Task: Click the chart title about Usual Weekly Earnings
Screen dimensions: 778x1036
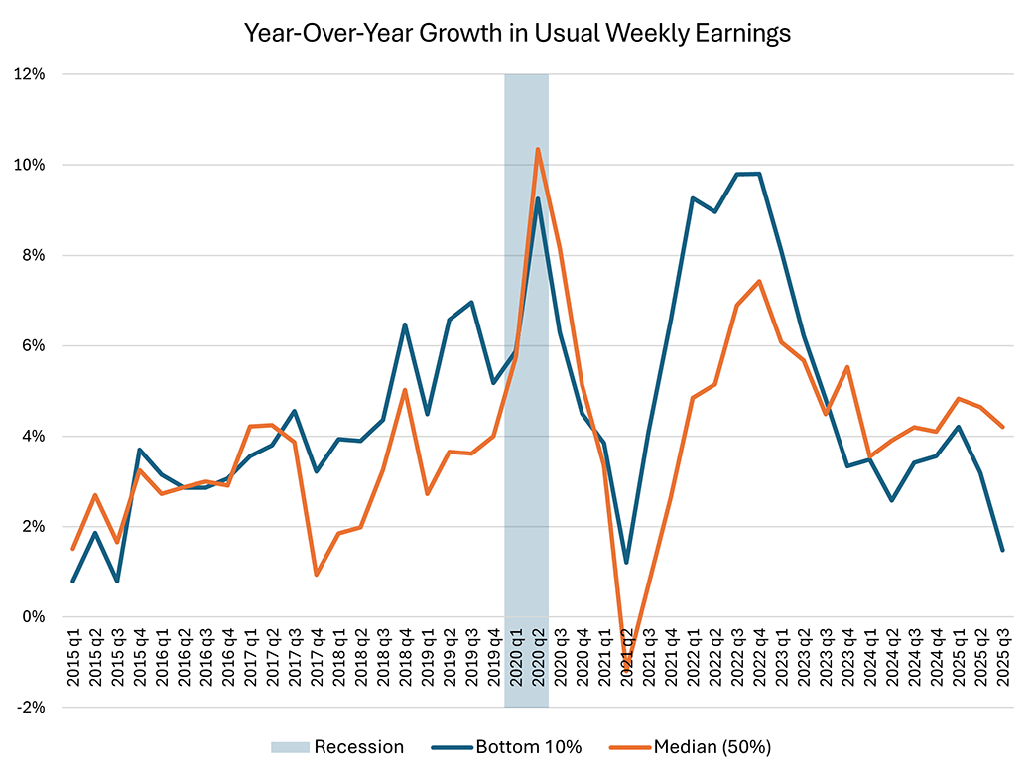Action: [x=517, y=33]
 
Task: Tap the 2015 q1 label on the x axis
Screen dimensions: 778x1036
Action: [x=73, y=662]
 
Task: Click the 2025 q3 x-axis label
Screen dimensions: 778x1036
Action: [x=1002, y=662]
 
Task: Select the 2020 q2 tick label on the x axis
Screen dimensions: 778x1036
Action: [x=538, y=662]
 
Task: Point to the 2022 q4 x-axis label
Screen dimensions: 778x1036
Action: [x=759, y=662]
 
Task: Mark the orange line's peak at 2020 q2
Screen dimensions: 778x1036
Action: [x=538, y=149]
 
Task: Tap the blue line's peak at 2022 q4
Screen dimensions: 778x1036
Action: [x=759, y=174]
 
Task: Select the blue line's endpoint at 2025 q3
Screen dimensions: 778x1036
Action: [x=1002, y=550]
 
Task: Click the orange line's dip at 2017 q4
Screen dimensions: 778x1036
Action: [x=316, y=575]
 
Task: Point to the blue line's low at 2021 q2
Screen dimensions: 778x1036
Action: [x=626, y=563]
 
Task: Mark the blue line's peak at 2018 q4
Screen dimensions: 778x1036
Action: [x=405, y=324]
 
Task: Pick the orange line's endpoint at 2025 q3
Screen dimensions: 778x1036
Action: [x=1002, y=427]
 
